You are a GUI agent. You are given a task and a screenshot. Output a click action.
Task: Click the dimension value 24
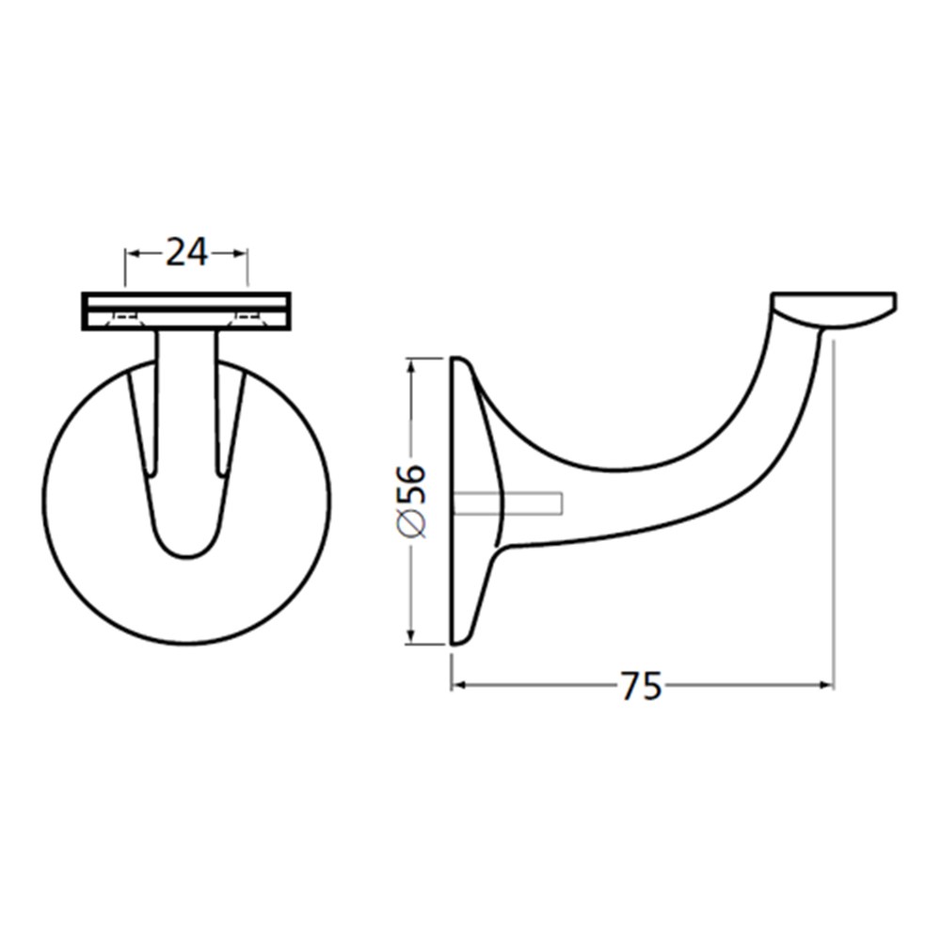pos(186,252)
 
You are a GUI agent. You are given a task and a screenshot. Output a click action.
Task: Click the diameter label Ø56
pos(411,500)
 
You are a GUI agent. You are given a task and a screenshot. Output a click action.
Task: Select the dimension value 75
pos(640,685)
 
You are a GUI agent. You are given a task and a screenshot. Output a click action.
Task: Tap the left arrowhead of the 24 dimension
pos(131,254)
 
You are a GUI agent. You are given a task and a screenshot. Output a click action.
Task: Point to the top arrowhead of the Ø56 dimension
pos(411,364)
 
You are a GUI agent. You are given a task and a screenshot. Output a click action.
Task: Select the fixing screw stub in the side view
pos(508,503)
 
